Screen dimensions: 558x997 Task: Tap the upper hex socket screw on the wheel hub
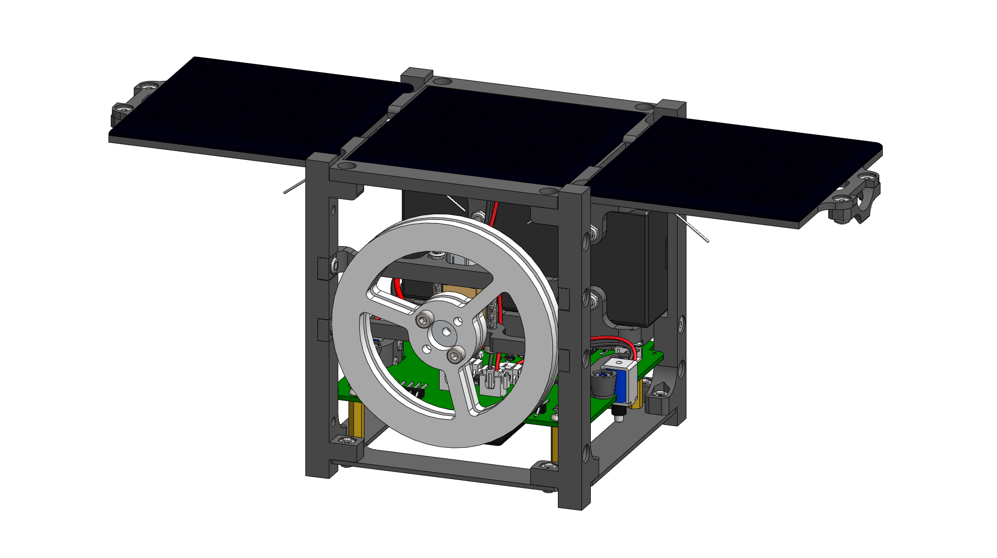(x=423, y=321)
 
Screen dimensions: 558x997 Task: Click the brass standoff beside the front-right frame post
(x=554, y=444)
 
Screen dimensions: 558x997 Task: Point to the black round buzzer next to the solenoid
(x=602, y=383)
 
